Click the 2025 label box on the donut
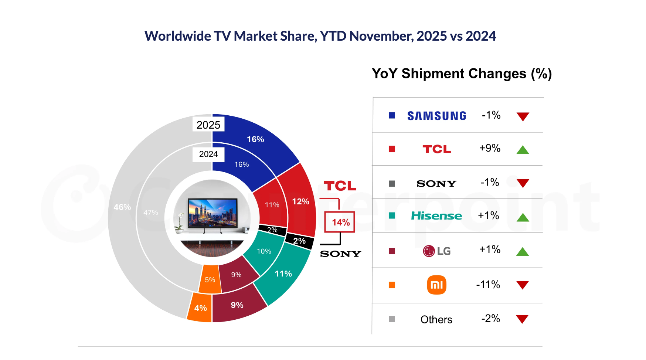[x=208, y=125]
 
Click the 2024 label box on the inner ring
[x=208, y=154]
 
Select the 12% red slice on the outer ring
[x=300, y=201]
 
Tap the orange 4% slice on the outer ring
[x=200, y=308]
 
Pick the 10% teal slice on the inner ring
[x=264, y=251]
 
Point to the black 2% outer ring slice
[x=299, y=241]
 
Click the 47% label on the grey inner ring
[x=151, y=213]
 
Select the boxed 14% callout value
[x=340, y=222]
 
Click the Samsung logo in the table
[x=436, y=116]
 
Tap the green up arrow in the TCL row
[x=523, y=150]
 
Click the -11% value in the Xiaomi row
[x=488, y=285]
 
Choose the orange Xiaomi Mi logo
[x=436, y=285]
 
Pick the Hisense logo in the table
[x=436, y=216]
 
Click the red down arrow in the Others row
[x=522, y=319]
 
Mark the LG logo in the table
[x=436, y=251]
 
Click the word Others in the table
[x=436, y=319]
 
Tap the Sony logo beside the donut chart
[x=340, y=254]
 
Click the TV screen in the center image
[x=212, y=212]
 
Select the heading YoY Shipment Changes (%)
[x=462, y=74]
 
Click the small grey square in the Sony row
[x=392, y=183]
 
